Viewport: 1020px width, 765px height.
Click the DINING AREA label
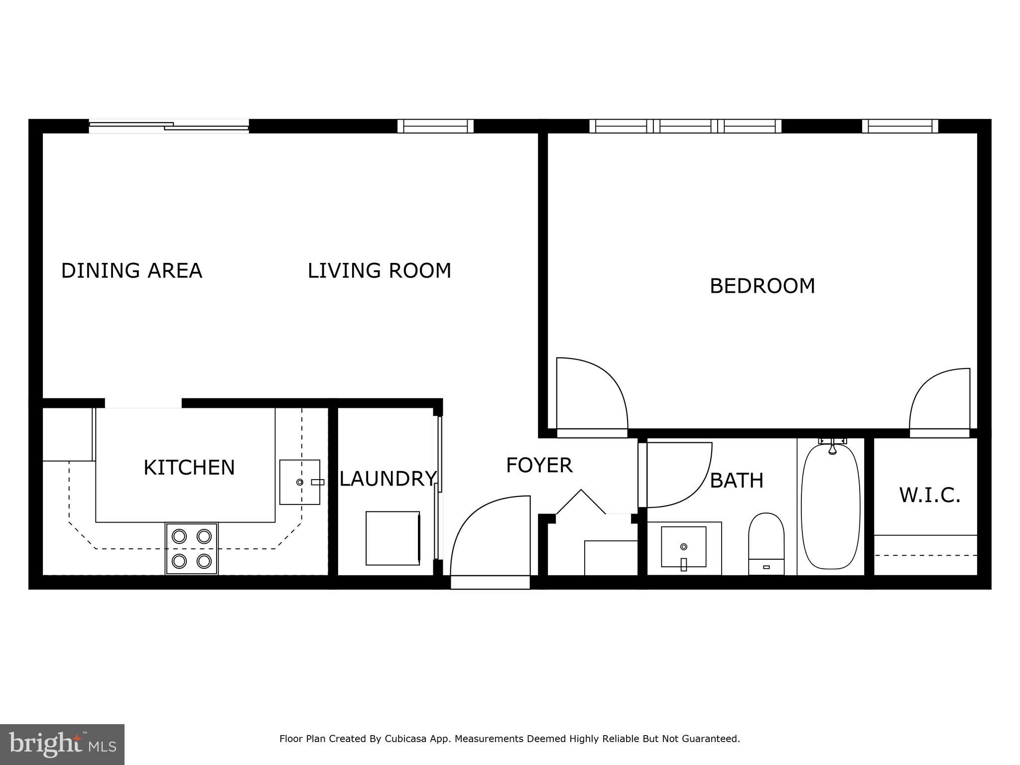[131, 270]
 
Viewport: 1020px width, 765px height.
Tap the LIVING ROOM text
[379, 270]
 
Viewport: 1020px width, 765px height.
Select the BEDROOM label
[762, 286]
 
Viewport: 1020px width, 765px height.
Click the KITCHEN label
[189, 468]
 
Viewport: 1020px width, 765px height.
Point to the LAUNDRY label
[387, 479]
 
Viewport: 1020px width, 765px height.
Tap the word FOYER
[539, 465]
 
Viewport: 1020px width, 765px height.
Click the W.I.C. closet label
[929, 495]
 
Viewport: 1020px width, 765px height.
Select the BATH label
[736, 481]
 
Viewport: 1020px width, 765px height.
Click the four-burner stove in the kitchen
[192, 548]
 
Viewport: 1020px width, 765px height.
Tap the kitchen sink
[299, 482]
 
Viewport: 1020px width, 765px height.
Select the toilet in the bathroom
[766, 543]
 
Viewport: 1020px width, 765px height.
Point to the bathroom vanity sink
[683, 547]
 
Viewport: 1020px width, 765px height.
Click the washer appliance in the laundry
[392, 538]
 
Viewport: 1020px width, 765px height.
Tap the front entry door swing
[491, 538]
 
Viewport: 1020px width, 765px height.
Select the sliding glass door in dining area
[169, 126]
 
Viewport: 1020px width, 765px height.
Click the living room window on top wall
[435, 126]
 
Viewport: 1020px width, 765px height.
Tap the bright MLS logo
[62, 745]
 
